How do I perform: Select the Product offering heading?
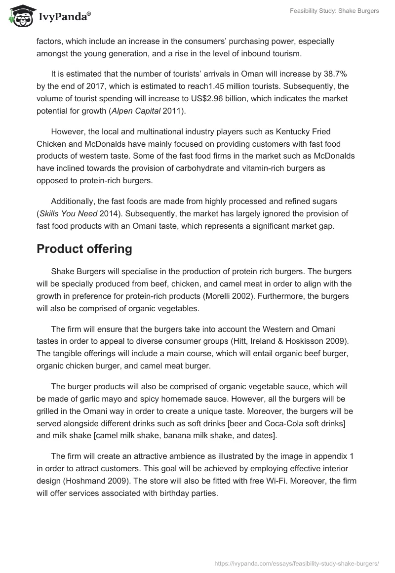click(84, 248)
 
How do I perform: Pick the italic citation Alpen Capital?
click(135, 111)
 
